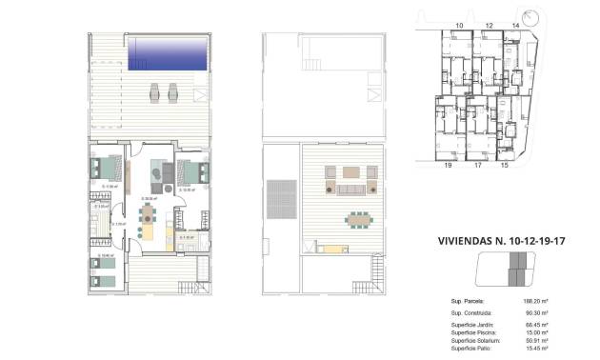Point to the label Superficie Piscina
(476, 332)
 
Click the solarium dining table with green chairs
(357, 218)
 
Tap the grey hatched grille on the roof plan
(280, 197)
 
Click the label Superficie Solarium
(477, 340)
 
